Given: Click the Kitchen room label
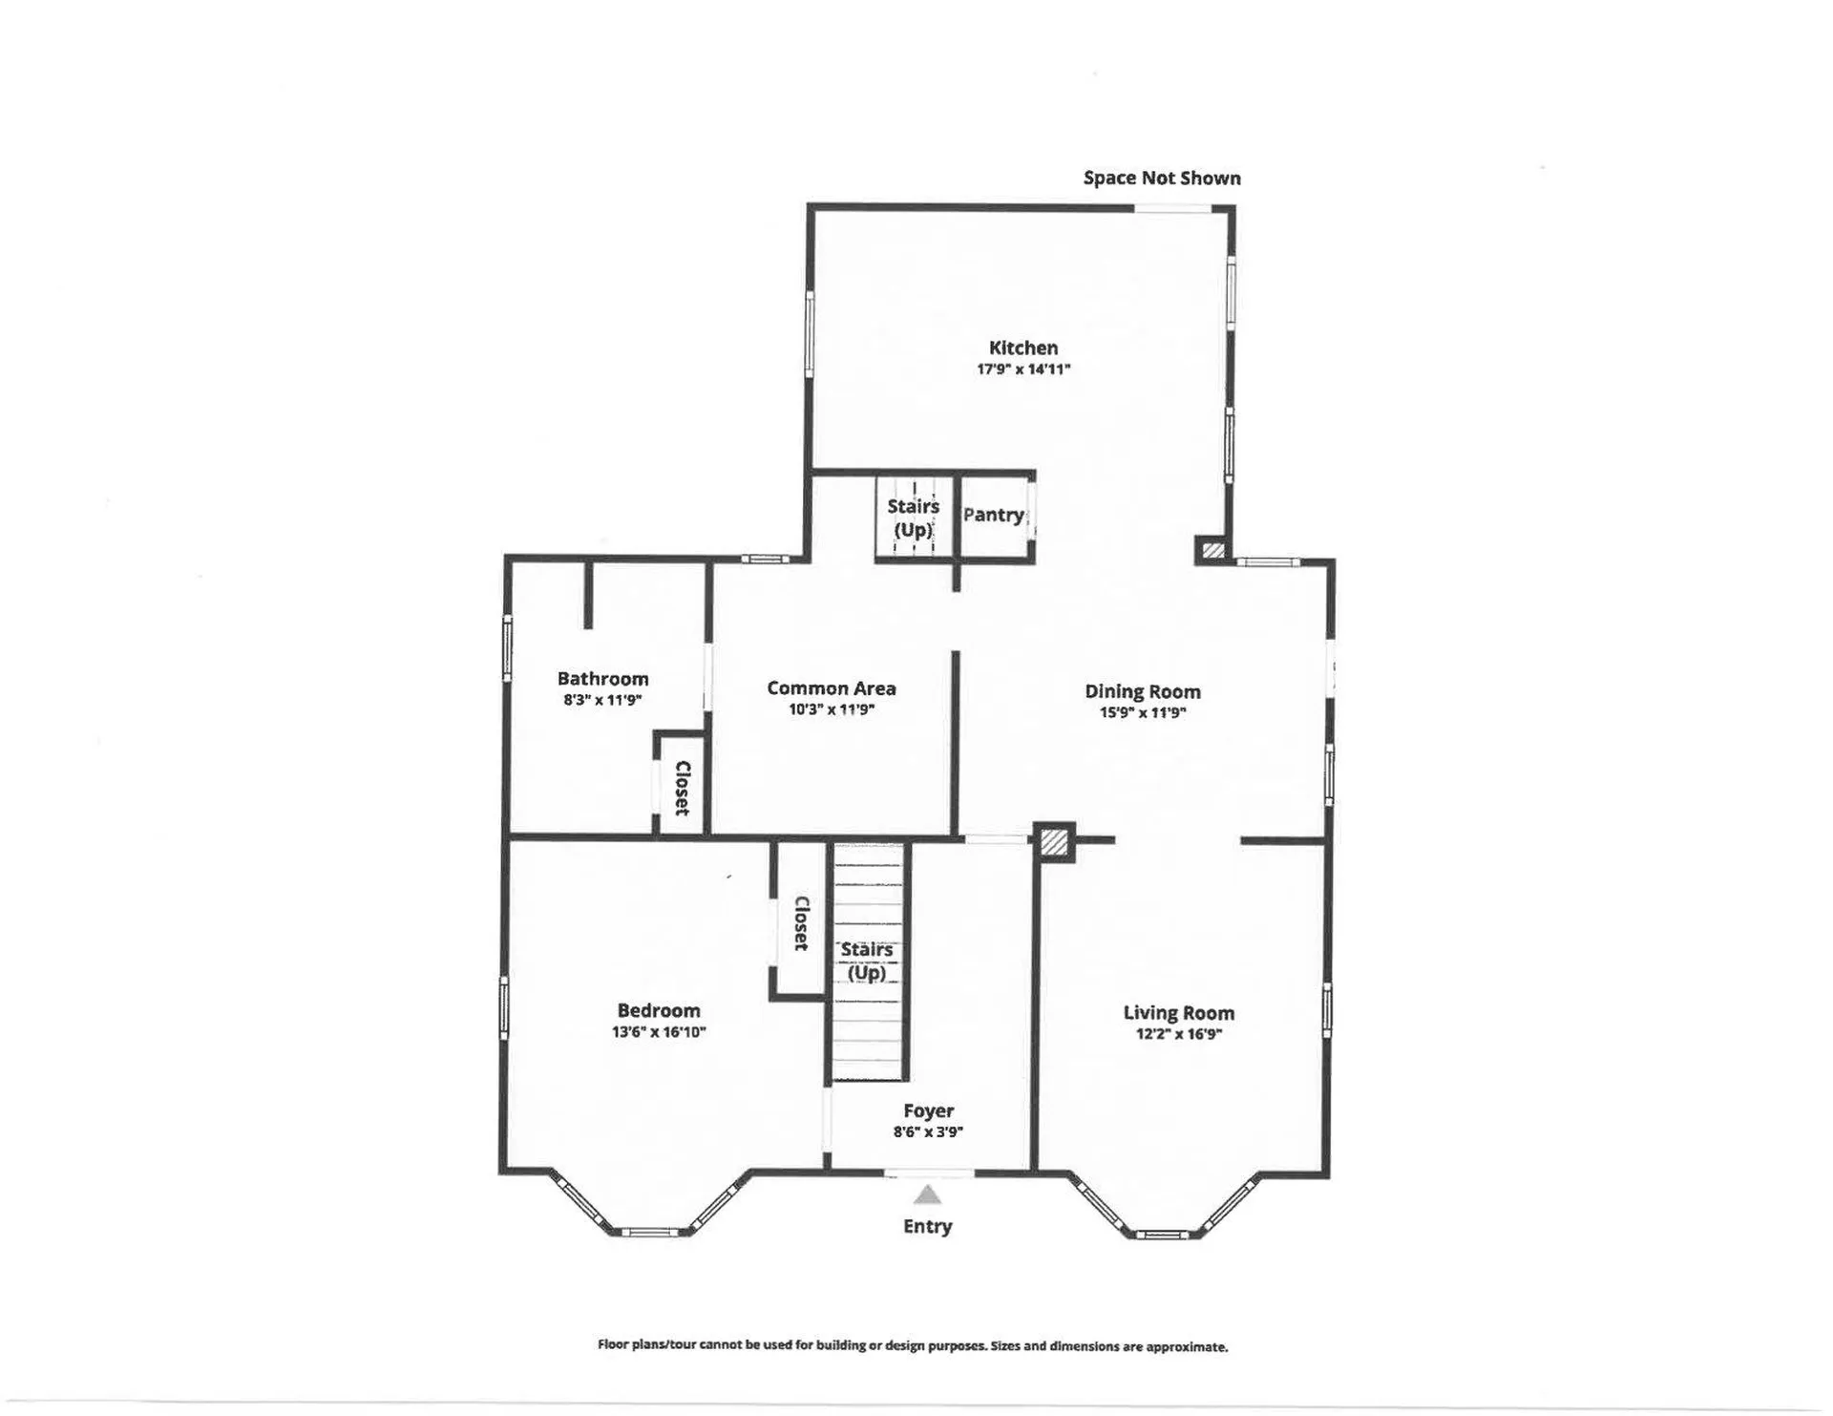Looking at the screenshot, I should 1022,349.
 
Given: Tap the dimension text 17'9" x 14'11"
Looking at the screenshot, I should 1022,370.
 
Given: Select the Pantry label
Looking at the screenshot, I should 993,515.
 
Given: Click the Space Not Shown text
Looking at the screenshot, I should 1161,179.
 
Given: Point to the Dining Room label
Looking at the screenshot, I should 1142,691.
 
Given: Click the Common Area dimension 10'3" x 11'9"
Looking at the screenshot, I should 831,709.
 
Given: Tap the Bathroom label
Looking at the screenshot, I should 602,679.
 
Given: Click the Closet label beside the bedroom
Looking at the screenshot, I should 801,923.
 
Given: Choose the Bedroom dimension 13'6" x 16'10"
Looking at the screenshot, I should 658,1032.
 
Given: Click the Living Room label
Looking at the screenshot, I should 1178,1013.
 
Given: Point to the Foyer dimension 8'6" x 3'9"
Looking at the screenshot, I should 928,1132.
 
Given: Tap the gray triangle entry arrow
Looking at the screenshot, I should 927,1195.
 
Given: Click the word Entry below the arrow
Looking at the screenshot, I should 927,1227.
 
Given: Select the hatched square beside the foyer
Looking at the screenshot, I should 1053,842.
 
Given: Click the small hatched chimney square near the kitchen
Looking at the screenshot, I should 1212,551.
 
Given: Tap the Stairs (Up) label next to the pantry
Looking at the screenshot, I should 913,518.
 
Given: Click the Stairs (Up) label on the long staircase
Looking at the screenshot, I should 867,961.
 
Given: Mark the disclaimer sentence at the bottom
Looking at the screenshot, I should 912,1347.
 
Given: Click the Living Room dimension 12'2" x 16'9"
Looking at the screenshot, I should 1178,1034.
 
